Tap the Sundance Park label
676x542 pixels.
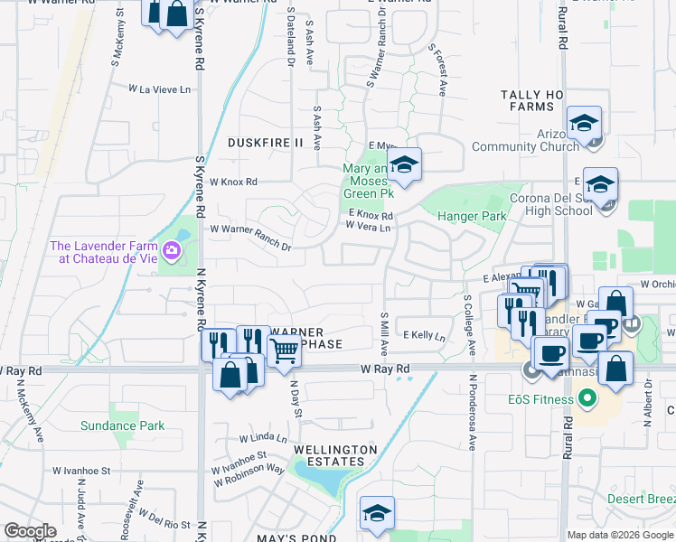(122, 425)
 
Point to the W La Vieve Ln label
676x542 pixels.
(160, 89)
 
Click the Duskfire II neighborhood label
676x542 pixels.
(265, 143)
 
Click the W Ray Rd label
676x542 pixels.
(385, 369)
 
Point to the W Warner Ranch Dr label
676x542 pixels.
(250, 229)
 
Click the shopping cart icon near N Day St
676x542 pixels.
(284, 349)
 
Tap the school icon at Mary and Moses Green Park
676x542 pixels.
(404, 164)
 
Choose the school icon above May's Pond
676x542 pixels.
(376, 513)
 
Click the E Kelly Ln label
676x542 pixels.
(425, 335)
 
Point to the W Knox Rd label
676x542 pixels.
(233, 182)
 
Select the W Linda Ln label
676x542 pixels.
(263, 438)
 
